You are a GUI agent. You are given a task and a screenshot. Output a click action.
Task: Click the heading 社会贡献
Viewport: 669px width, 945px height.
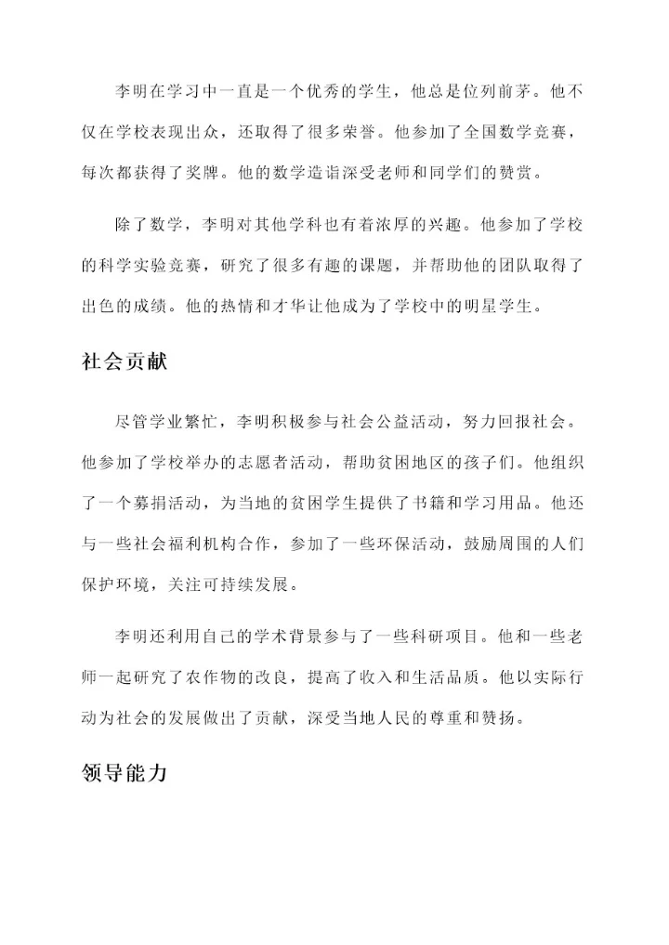[x=124, y=361]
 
